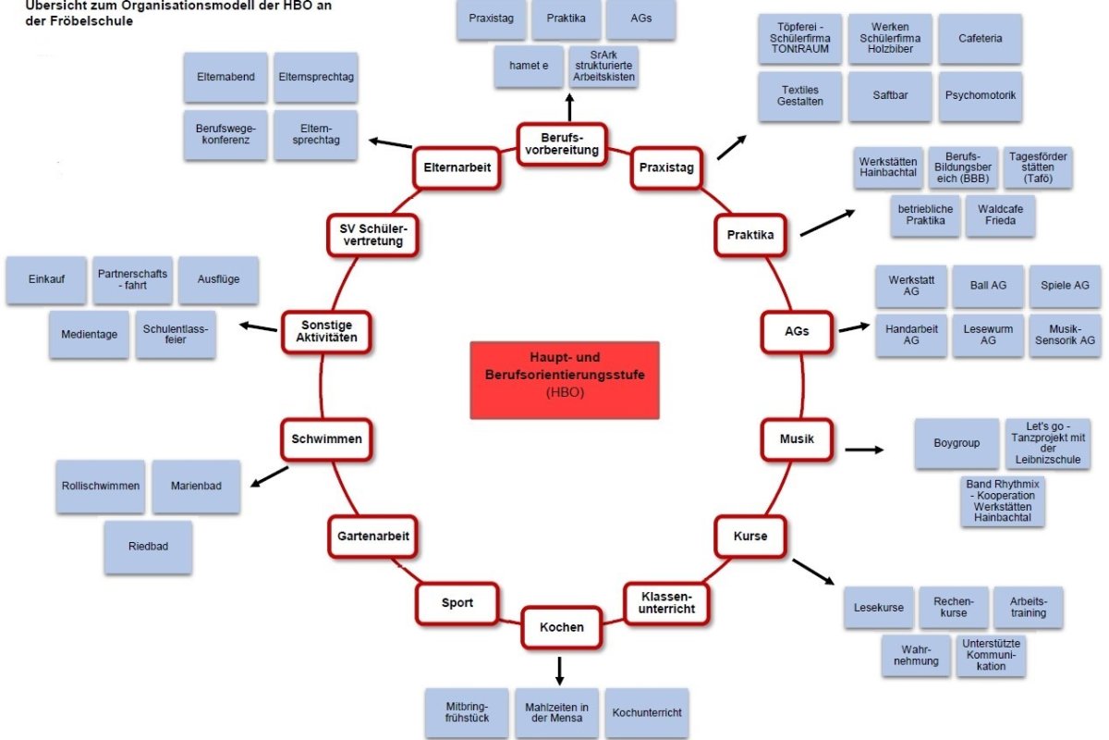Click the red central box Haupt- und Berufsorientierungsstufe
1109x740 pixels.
pyautogui.click(x=565, y=377)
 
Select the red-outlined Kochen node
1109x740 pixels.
pyautogui.click(x=562, y=627)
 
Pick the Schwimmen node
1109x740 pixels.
pyautogui.click(x=326, y=439)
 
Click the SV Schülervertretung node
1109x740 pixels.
pyautogui.click(x=372, y=235)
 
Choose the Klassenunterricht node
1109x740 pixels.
pyautogui.click(x=666, y=603)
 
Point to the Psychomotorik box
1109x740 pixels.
pyautogui.click(x=981, y=95)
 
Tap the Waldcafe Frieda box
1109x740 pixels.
pyautogui.click(x=1000, y=215)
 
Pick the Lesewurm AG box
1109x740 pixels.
pyautogui.click(x=988, y=334)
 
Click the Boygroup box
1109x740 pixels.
pyautogui.click(x=957, y=444)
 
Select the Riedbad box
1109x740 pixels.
pyautogui.click(x=148, y=548)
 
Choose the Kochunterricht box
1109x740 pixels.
pyautogui.click(x=648, y=713)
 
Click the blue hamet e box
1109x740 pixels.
pyautogui.click(x=529, y=66)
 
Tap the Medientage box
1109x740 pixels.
pyautogui.click(x=90, y=334)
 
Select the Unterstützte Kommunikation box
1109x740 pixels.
pyautogui.click(x=991, y=654)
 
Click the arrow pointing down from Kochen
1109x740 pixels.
pyautogui.click(x=559, y=670)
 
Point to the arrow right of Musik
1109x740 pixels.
pyautogui.click(x=864, y=450)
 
